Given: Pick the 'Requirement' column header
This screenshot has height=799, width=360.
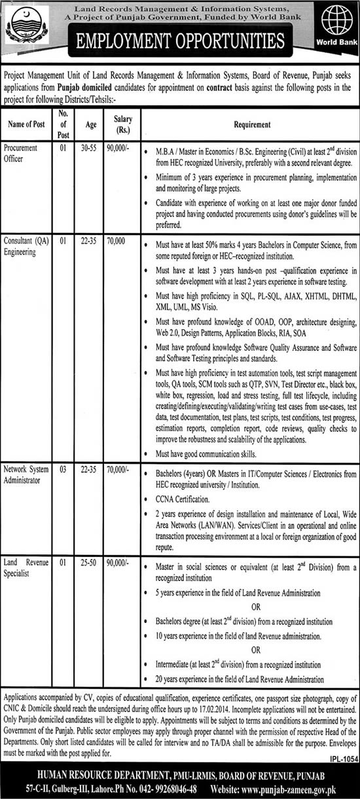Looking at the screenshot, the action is (x=249, y=124).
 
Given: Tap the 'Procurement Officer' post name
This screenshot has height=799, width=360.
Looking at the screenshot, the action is (x=21, y=152).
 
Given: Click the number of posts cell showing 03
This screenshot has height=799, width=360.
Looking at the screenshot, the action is (x=63, y=469).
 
